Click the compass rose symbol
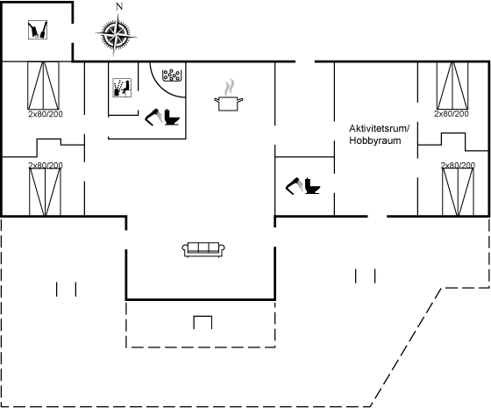116,34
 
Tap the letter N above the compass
119,7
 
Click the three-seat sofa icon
203,250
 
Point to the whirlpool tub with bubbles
171,75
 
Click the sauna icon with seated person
122,88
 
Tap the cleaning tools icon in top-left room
38,30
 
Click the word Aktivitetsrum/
379,128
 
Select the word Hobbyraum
375,140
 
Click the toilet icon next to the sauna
172,117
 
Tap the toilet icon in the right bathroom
312,186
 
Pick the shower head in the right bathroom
294,186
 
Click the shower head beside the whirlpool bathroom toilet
153,118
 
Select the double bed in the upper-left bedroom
44,86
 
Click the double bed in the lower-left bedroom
45,192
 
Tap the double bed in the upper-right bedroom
452,86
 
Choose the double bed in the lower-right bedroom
458,192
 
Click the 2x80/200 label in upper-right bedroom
452,114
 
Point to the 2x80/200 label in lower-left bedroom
46,165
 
